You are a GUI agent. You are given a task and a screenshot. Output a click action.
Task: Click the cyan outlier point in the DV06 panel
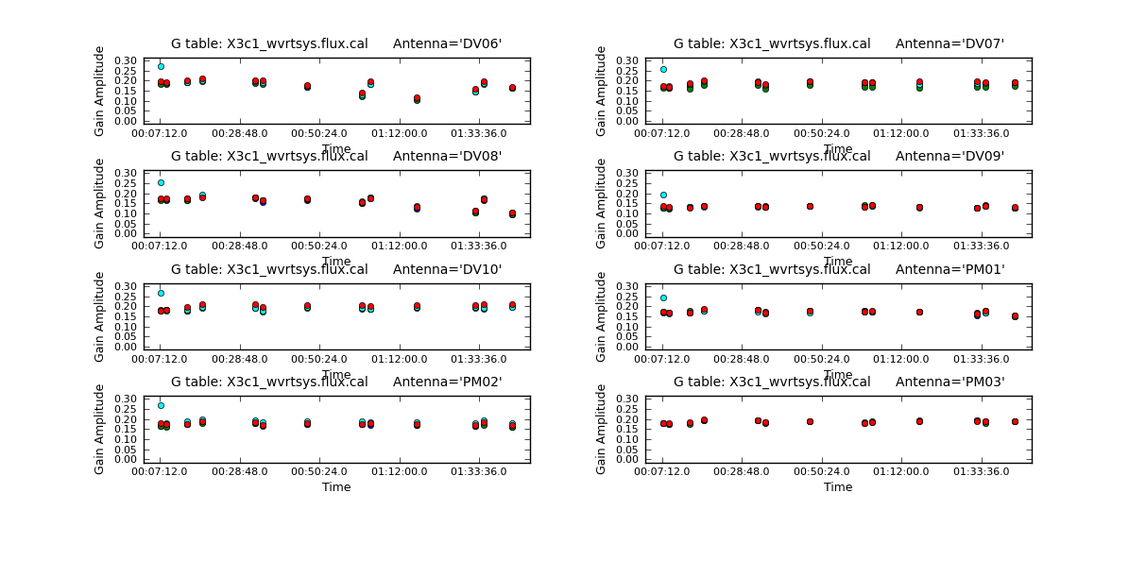click(x=161, y=67)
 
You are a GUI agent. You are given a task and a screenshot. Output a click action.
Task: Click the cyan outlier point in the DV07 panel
click(x=663, y=69)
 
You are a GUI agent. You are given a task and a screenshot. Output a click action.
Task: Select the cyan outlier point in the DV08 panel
click(x=161, y=182)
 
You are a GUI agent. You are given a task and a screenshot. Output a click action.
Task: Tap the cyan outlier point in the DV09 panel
click(x=663, y=195)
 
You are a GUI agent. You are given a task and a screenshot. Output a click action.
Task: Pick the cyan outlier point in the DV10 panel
click(x=161, y=293)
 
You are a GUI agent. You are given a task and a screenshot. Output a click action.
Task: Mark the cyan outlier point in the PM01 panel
click(x=663, y=297)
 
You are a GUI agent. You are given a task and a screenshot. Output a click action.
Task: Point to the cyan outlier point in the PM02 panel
click(x=161, y=405)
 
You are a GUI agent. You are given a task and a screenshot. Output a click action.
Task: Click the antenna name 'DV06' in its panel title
click(x=480, y=43)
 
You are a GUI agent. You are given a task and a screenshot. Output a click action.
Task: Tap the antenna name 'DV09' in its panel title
click(x=983, y=156)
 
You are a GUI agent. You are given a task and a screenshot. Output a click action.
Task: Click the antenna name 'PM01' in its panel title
click(x=983, y=269)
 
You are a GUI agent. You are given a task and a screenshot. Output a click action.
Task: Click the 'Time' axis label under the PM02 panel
click(x=336, y=487)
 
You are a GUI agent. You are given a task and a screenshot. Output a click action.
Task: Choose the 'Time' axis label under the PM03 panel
click(x=838, y=487)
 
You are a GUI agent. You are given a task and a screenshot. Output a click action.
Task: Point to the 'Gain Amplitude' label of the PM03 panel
click(x=602, y=429)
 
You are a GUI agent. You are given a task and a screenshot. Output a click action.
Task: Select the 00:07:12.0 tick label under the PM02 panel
click(x=161, y=470)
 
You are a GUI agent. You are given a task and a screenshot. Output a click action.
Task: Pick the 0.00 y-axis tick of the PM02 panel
click(x=128, y=459)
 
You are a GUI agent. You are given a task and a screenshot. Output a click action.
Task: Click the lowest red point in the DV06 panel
click(x=417, y=97)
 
